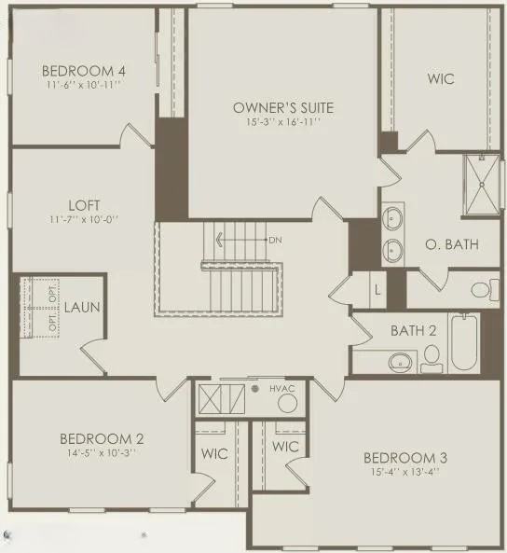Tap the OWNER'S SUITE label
tap(283, 108)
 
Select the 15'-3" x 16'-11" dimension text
tap(283, 122)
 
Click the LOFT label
tap(58, 205)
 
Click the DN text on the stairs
tap(275, 240)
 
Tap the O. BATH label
tap(451, 245)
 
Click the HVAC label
tap(282, 387)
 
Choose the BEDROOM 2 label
tap(101, 438)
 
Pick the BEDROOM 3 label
tap(404, 457)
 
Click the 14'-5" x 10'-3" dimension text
tap(101, 452)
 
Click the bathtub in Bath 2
tap(464, 343)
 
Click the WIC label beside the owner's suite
tap(440, 79)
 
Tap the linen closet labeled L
tap(377, 289)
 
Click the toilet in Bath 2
tap(432, 355)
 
